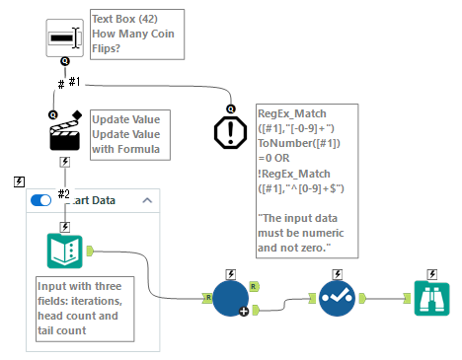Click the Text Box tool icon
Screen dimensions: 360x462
pyautogui.click(x=65, y=37)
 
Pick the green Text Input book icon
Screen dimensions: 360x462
pyautogui.click(x=65, y=252)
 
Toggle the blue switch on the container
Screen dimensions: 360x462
pyautogui.click(x=41, y=200)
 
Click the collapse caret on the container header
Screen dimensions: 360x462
pyautogui.click(x=148, y=200)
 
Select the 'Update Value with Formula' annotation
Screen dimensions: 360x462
pyautogui.click(x=126, y=133)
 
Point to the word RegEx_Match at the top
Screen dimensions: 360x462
pyautogui.click(x=293, y=113)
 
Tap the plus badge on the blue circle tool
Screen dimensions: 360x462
pyautogui.click(x=245, y=312)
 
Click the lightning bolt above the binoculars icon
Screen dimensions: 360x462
pyautogui.click(x=432, y=274)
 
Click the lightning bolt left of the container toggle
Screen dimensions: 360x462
pyautogui.click(x=19, y=181)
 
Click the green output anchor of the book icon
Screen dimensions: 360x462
pyautogui.click(x=91, y=252)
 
